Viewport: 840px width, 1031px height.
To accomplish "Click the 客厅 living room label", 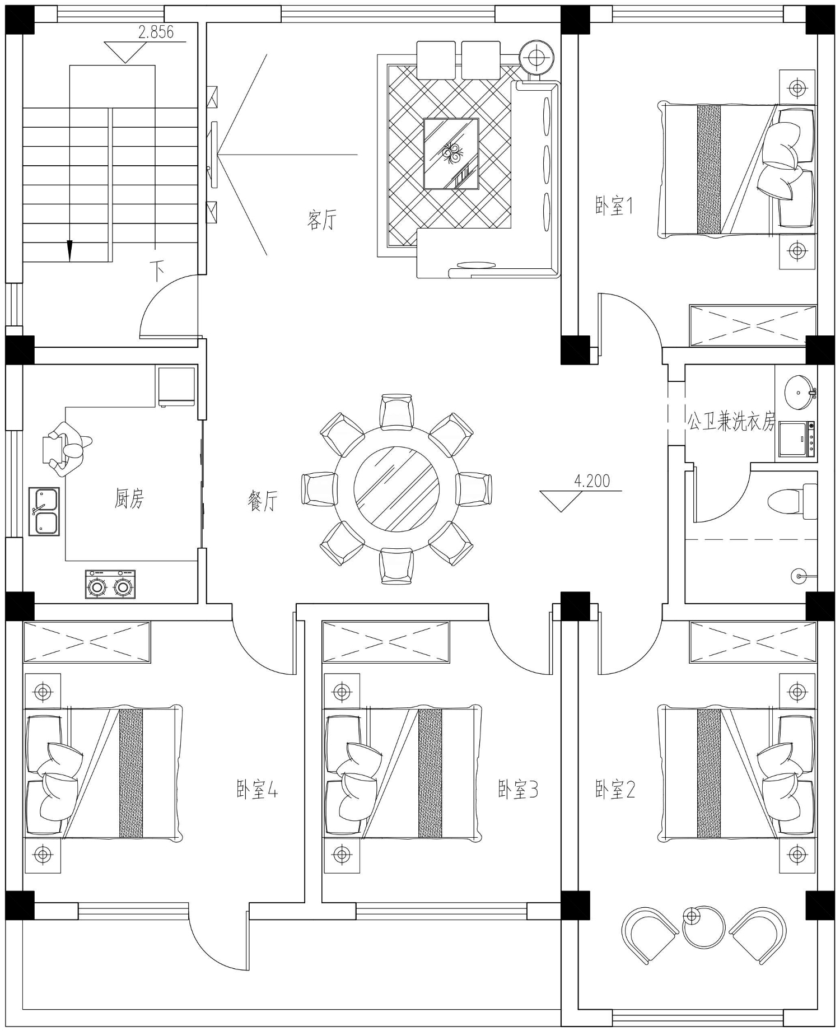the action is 321,220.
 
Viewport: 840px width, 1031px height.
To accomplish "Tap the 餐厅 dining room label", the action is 263,500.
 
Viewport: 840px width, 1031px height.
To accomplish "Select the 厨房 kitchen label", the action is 130,498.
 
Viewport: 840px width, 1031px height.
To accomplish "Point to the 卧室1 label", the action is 614,206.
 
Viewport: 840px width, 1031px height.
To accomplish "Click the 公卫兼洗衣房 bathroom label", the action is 731,421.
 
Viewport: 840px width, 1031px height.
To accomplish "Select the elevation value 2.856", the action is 156,32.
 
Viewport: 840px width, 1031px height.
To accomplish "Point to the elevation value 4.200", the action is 592,481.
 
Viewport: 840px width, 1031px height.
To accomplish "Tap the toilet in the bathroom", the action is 790,500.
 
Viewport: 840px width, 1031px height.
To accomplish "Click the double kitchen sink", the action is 44,511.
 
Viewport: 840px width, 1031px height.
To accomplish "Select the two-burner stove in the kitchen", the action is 110,584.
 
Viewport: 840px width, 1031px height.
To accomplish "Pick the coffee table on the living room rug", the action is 451,153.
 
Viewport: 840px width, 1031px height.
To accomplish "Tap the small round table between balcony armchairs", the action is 704,927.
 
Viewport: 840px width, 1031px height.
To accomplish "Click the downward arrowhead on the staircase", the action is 69,250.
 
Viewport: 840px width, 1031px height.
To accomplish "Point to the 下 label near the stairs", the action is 158,271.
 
